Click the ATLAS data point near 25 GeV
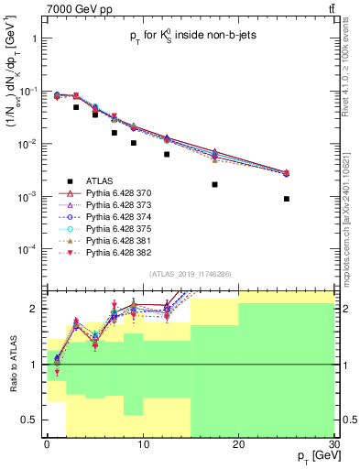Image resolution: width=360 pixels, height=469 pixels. click(x=287, y=199)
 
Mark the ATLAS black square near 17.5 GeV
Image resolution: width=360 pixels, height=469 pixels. click(x=214, y=184)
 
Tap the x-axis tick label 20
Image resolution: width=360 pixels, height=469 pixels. click(x=238, y=443)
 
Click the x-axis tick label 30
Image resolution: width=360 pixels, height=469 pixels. click(x=333, y=443)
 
